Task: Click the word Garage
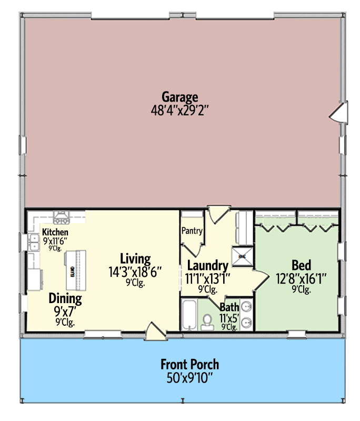pyautogui.click(x=179, y=97)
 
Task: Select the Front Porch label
pyautogui.click(x=189, y=364)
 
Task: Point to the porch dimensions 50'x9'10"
pyautogui.click(x=189, y=377)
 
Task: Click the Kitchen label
pyautogui.click(x=55, y=232)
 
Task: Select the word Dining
pyautogui.click(x=65, y=299)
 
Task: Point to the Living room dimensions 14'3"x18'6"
pyautogui.click(x=135, y=272)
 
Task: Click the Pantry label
pyautogui.click(x=192, y=230)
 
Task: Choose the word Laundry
pyautogui.click(x=207, y=266)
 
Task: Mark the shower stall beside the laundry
pyautogui.click(x=243, y=256)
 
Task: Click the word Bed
pyautogui.click(x=301, y=265)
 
